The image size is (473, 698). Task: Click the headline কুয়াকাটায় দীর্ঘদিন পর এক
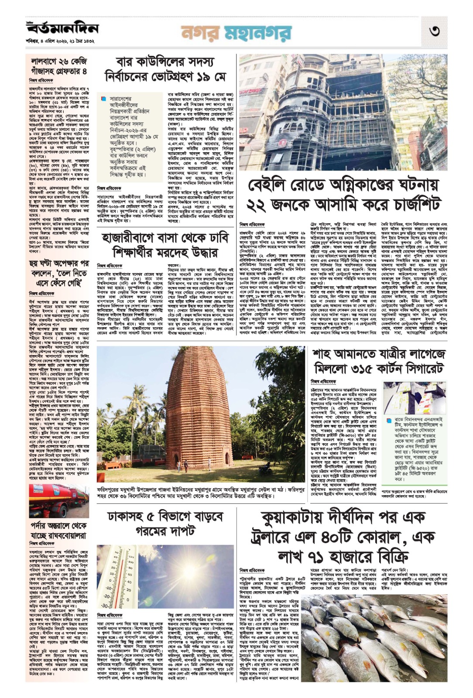pos(343,537)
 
